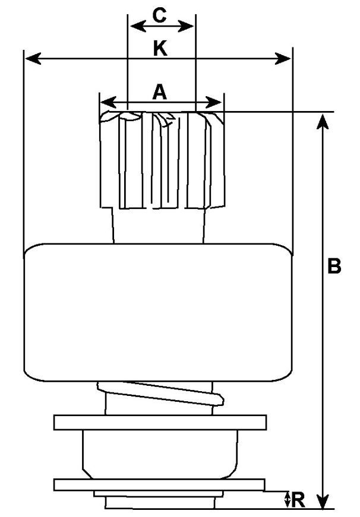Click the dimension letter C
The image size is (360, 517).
[x=159, y=15]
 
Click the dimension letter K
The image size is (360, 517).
[x=160, y=48]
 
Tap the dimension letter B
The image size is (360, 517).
[x=334, y=266]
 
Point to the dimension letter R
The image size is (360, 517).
[x=298, y=500]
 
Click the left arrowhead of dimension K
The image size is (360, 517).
[x=33, y=59]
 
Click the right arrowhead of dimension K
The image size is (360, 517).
[x=283, y=59]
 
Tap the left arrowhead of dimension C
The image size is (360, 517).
[x=138, y=26]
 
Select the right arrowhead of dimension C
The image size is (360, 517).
[x=185, y=26]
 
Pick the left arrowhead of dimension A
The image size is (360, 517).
[x=109, y=102]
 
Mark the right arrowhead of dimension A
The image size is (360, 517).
[x=214, y=102]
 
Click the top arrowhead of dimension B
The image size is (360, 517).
[x=323, y=121]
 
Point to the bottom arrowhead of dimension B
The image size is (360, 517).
[x=323, y=501]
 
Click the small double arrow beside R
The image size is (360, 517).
[x=288, y=500]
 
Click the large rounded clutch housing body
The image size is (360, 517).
[x=159, y=312]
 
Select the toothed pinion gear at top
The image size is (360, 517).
[x=162, y=160]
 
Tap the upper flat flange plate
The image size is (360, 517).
[x=160, y=423]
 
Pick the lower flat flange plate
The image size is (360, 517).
[x=159, y=485]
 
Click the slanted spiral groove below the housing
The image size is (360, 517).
[x=161, y=393]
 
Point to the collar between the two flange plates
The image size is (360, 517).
[x=160, y=454]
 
